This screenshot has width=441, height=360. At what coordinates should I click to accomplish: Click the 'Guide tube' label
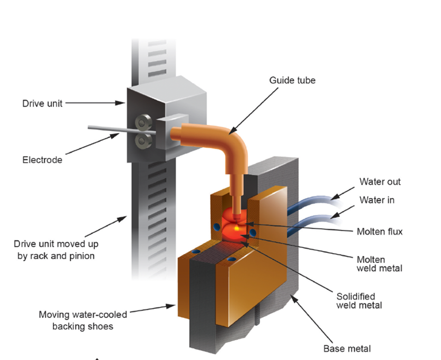click(292, 81)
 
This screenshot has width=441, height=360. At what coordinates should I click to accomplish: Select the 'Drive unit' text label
click(42, 103)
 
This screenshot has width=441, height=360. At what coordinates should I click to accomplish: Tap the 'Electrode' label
click(42, 159)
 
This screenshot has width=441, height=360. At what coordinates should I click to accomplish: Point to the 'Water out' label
click(380, 182)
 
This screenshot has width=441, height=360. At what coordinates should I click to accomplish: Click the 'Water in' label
click(377, 200)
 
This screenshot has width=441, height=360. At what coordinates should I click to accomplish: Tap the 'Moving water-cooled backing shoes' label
click(83, 320)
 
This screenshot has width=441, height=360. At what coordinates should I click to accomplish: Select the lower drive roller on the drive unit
click(142, 140)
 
